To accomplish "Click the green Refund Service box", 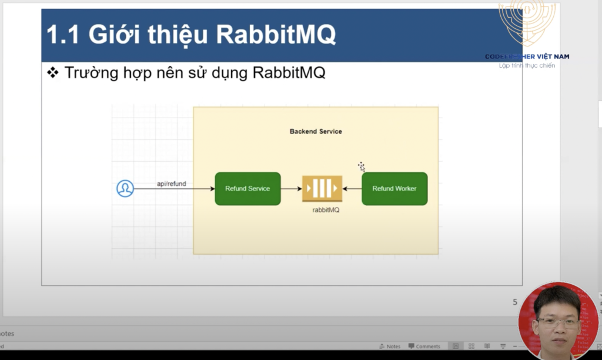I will coord(248,189).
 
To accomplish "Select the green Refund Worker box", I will coord(394,189).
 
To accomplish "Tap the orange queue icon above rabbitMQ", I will coord(322,189).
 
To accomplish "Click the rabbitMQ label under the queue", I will coord(326,210).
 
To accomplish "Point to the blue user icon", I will coord(125,189).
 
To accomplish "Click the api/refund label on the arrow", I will coord(171,184).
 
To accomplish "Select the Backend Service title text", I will coord(316,131).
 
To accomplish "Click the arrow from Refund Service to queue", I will coord(291,189).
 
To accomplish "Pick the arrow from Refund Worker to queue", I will coord(352,189).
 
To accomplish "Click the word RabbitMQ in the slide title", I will coord(276,35).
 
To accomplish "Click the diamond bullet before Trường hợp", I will coord(53,74).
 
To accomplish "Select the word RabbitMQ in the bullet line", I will coord(289,74).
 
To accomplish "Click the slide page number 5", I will coord(515,302).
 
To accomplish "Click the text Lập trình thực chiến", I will coord(527,65).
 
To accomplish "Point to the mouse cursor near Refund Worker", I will coord(362,167).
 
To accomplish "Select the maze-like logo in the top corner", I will coord(526,24).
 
